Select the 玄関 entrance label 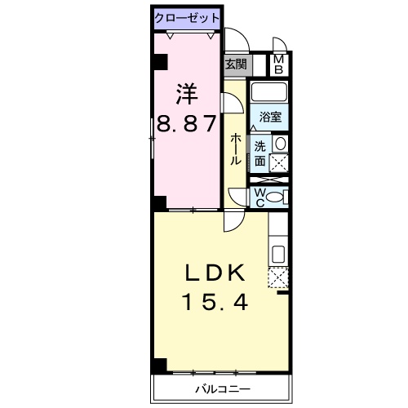(236, 64)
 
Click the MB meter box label (278, 64)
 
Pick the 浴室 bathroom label (270, 118)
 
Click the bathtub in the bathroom (268, 92)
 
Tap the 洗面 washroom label (259, 153)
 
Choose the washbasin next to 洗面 (280, 144)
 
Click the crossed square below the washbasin (279, 162)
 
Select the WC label (259, 196)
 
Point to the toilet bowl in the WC (276, 196)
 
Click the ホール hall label (236, 149)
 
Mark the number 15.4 (215, 304)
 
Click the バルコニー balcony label (222, 388)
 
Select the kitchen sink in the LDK (277, 254)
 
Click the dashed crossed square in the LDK (277, 279)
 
